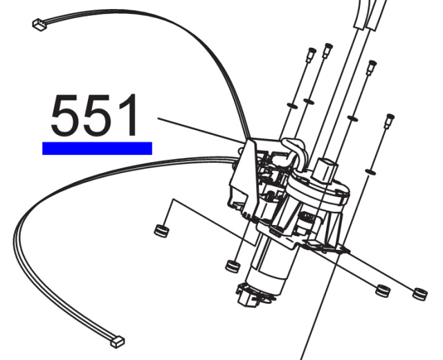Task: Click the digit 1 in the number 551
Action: point(128,115)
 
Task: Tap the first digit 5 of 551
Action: point(65,115)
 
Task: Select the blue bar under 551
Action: point(97,148)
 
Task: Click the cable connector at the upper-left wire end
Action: point(39,25)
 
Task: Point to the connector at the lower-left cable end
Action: point(118,342)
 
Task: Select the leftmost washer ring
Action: point(292,106)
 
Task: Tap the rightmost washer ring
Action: point(371,171)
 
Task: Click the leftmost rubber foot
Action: point(162,231)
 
